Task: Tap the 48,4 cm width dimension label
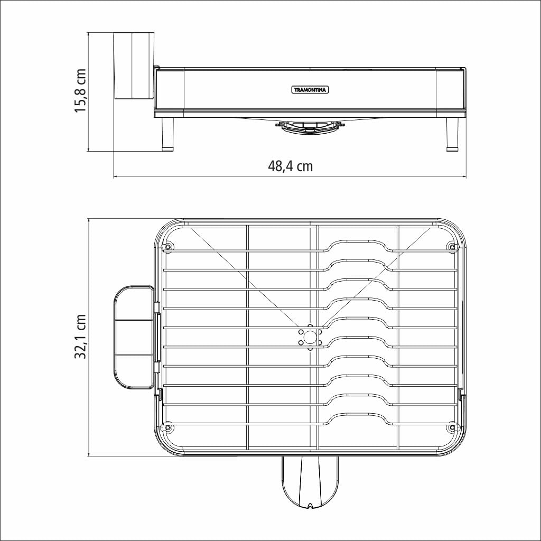[290, 166]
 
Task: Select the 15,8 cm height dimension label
[80, 90]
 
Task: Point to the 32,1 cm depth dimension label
[80, 337]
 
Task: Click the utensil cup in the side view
[134, 66]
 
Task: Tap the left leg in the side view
[167, 135]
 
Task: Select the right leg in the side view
[452, 135]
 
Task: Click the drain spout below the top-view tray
[311, 482]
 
